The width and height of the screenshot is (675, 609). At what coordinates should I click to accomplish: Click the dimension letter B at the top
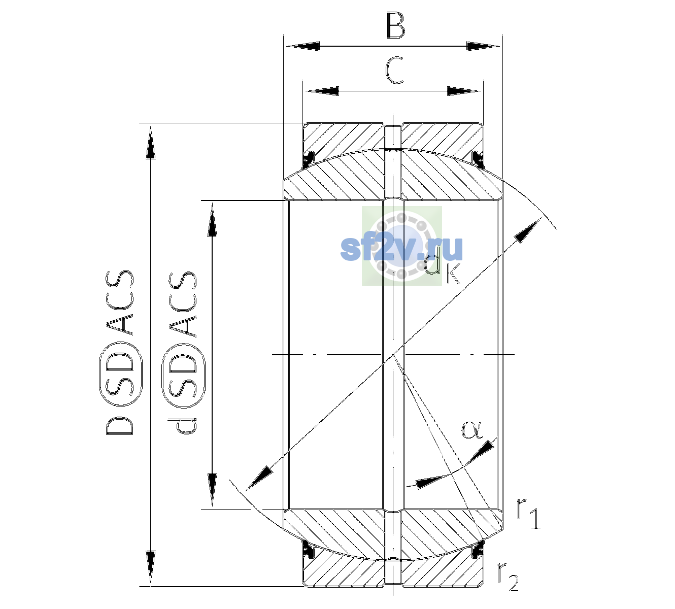click(395, 25)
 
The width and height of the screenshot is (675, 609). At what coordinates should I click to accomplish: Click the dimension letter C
click(394, 71)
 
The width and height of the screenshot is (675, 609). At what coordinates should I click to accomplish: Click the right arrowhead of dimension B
click(483, 46)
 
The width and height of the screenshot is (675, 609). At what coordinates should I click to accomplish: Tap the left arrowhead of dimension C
click(322, 91)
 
